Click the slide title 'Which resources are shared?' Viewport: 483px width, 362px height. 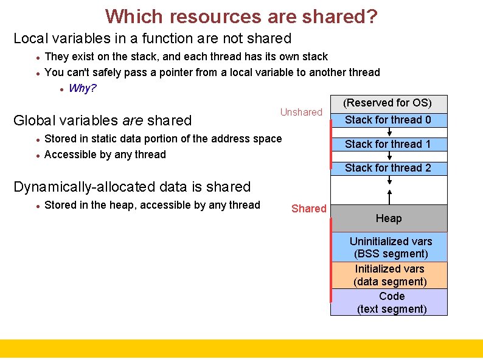coord(241,16)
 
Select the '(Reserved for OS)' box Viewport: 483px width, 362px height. coord(388,103)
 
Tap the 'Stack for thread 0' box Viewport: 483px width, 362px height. coord(388,120)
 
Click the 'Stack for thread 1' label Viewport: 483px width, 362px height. coord(388,144)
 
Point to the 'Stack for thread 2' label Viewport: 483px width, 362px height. coord(388,168)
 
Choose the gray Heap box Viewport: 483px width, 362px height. coord(389,218)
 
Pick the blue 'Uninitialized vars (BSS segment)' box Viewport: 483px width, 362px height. coord(390,247)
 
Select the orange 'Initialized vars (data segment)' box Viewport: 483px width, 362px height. coord(390,275)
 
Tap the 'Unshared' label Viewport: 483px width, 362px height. coord(301,112)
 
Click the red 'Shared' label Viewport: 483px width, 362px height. coord(309,209)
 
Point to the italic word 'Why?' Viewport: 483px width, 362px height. coord(83,88)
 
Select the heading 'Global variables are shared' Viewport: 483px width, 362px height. coord(102,120)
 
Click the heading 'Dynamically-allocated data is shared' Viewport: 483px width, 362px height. coord(132,187)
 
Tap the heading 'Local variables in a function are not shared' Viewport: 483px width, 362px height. coord(153,38)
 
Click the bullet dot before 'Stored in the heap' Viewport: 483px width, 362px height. coord(38,206)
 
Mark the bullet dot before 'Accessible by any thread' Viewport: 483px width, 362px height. coord(38,155)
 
